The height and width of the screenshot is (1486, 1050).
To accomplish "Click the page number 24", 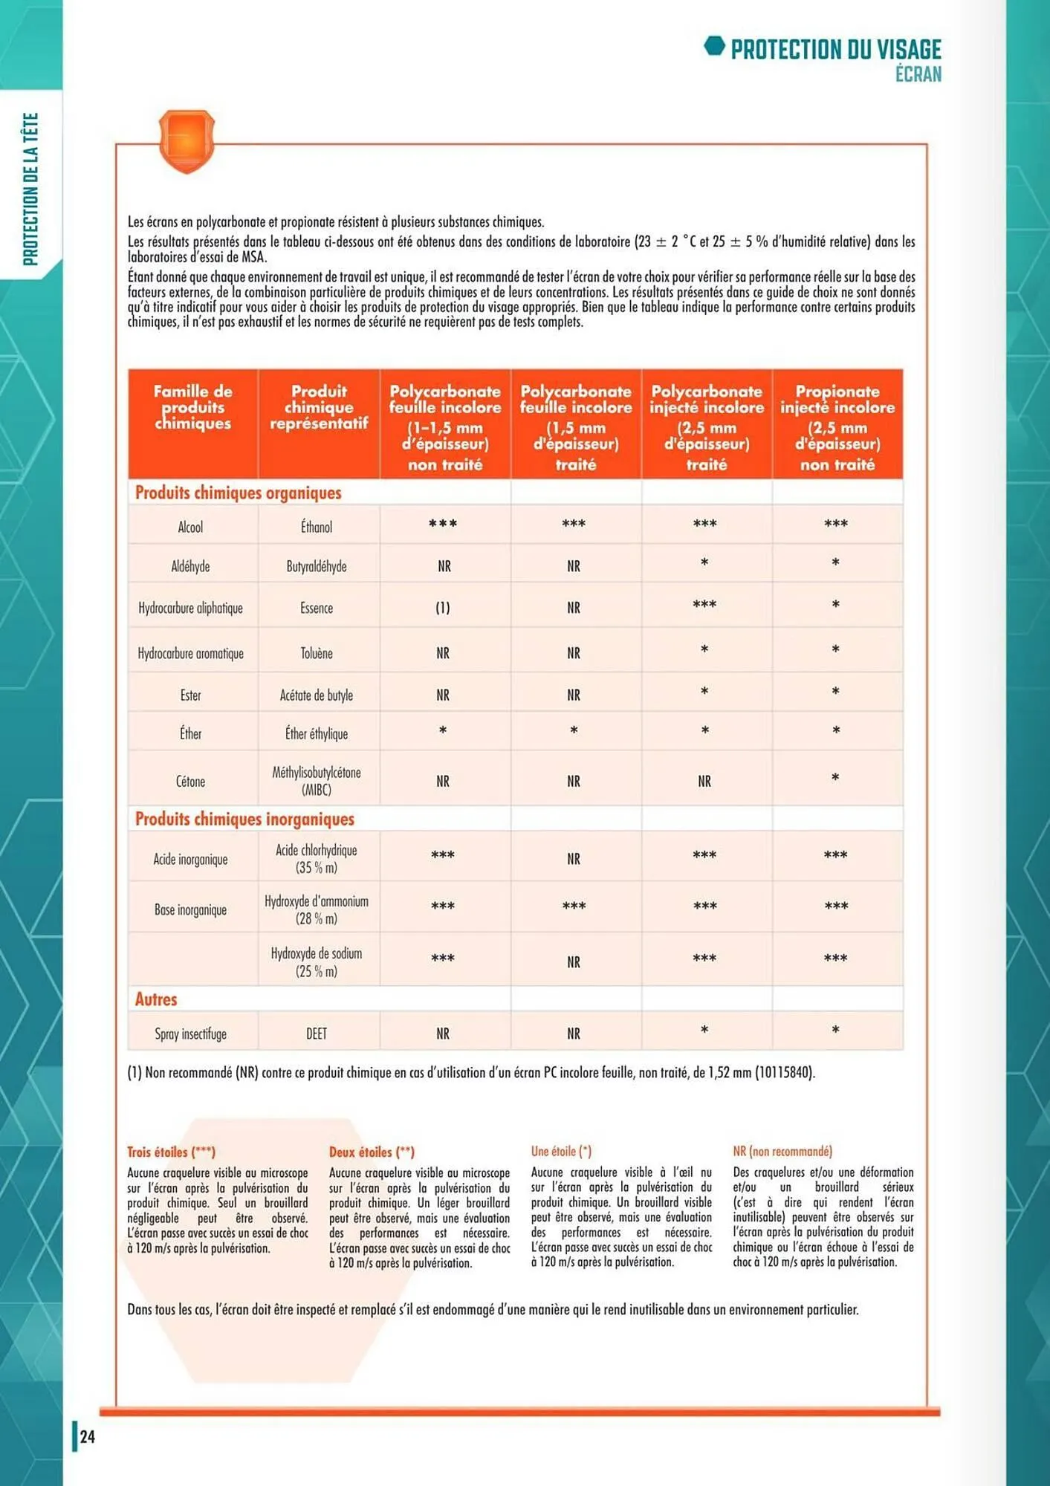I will [88, 1436].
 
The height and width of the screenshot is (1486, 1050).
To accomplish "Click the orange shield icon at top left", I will [187, 140].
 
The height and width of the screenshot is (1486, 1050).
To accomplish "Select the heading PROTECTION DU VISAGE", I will [835, 50].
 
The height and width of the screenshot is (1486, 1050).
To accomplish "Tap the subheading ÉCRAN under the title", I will [918, 74].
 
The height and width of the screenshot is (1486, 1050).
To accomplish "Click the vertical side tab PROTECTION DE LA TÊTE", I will [30, 189].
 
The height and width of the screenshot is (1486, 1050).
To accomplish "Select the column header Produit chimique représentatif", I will [319, 407].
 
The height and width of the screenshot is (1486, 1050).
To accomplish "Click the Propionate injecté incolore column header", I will [837, 426].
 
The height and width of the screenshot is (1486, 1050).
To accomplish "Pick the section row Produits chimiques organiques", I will [239, 493].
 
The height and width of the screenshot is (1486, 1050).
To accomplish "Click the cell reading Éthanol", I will [317, 527].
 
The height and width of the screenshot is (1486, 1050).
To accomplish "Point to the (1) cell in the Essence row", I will [443, 608].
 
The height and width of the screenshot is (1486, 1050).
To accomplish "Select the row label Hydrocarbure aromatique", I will [191, 653].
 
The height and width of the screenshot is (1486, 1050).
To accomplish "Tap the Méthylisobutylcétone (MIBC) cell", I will [317, 781].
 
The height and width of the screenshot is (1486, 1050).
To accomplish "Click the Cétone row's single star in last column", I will [835, 778].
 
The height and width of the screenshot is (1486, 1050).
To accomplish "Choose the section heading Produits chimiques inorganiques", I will [244, 819].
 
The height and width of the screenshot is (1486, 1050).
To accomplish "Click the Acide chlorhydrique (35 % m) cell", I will [317, 858].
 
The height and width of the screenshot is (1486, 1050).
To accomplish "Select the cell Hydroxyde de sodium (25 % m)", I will [317, 961].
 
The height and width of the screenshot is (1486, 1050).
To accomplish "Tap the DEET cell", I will [317, 1034].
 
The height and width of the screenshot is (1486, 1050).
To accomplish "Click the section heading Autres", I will [156, 999].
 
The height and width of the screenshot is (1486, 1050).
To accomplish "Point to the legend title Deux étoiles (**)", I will [372, 1152].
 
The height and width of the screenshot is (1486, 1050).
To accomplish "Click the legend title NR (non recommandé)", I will [782, 1151].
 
